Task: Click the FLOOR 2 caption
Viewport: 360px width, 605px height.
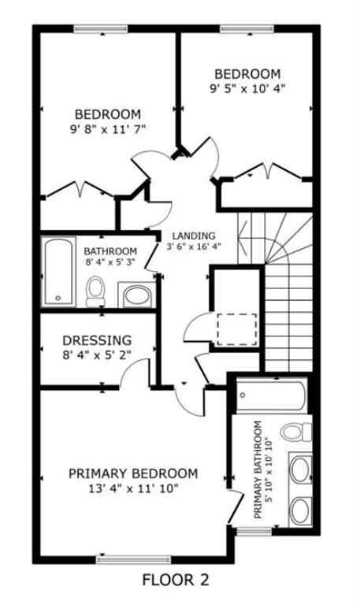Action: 176,581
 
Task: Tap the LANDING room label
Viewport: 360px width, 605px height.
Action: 193,236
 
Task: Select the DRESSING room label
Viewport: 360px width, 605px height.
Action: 96,341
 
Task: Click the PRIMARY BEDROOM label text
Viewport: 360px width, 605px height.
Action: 133,473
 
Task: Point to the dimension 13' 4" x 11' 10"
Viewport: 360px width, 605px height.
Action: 133,488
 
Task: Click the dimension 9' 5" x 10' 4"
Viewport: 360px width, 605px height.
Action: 247,88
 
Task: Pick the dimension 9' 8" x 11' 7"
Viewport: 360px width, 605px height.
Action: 108,128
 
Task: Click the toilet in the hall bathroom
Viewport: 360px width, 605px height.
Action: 95,289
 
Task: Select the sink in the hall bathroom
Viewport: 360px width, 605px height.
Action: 137,296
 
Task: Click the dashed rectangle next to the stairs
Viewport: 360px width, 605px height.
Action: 236,328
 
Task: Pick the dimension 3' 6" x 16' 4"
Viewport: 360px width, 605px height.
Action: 194,247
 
